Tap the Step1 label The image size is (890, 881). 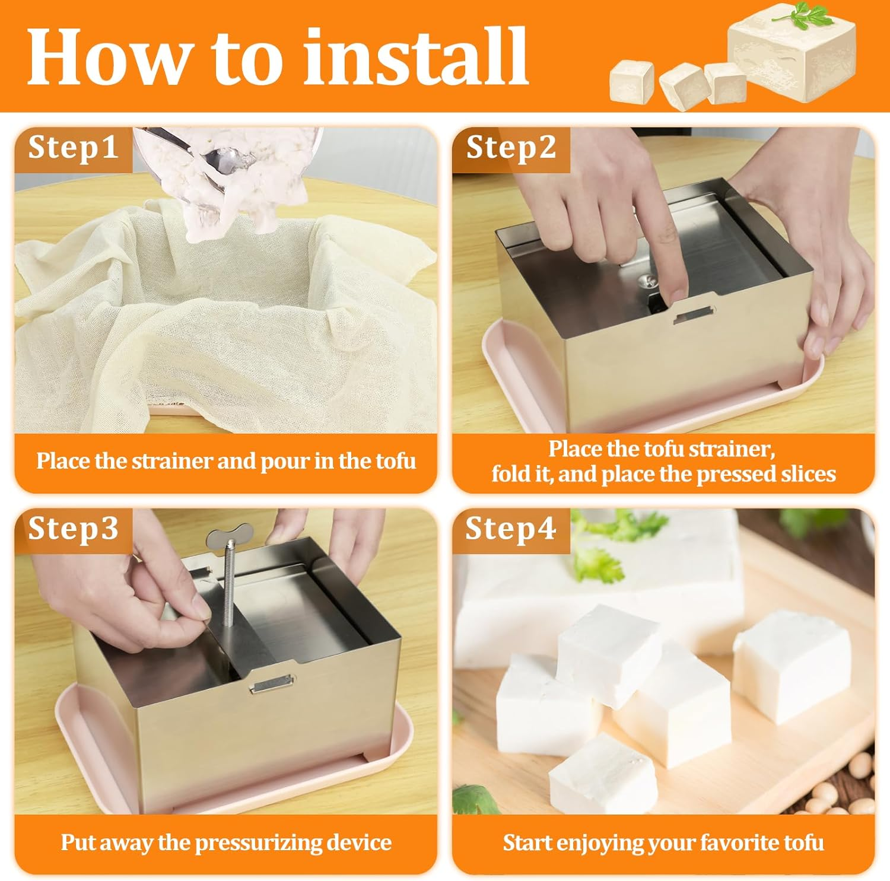pos(73,148)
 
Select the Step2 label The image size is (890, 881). pos(511,148)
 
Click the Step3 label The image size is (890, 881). pos(73,529)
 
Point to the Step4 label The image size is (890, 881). pos(510,529)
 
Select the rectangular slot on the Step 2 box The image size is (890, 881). pos(694,317)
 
